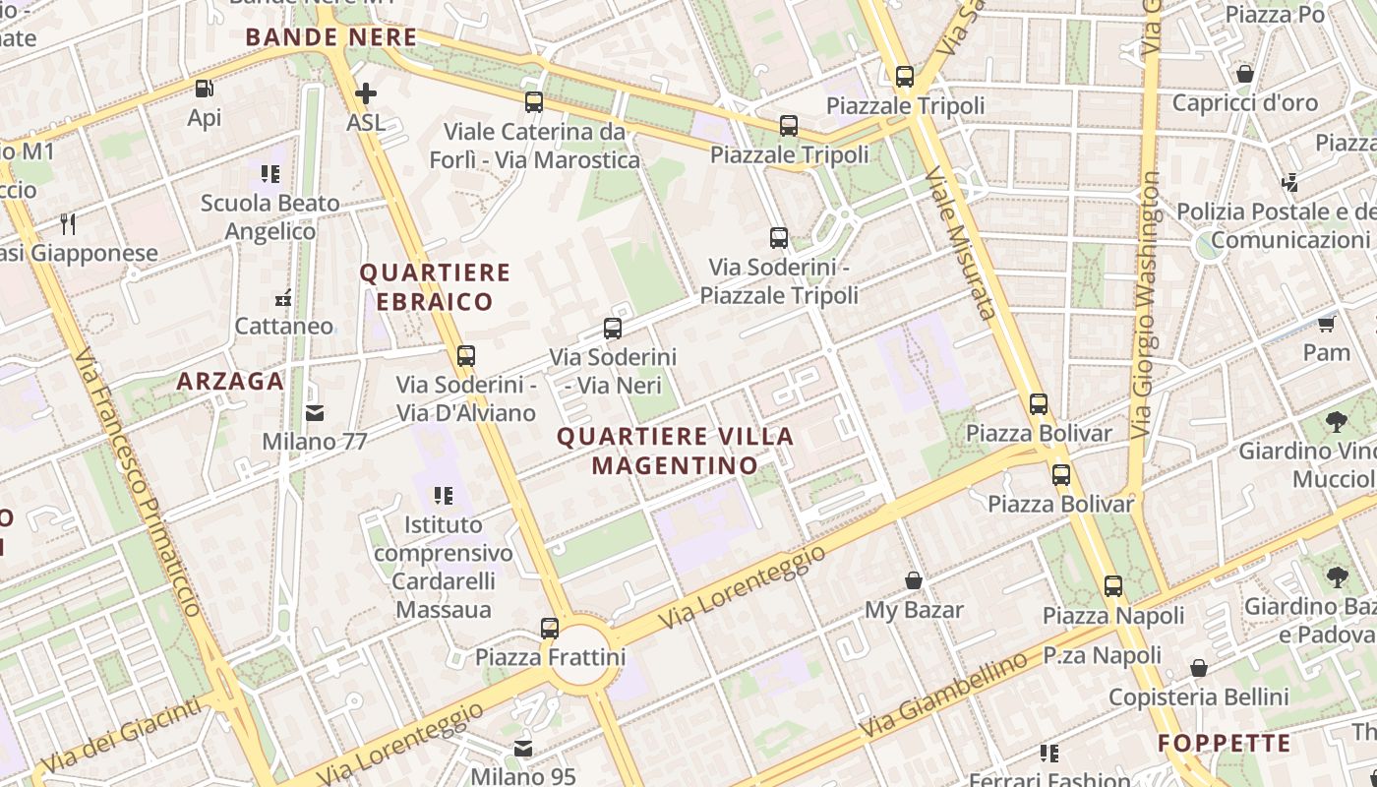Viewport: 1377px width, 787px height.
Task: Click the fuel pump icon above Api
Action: point(205,89)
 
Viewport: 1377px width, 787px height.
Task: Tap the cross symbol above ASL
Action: point(366,94)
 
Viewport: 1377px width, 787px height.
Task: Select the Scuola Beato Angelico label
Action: point(270,217)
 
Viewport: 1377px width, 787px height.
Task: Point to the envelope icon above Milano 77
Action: point(315,412)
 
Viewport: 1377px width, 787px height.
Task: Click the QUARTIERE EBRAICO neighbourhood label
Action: point(435,286)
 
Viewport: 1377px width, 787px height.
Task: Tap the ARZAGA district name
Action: point(230,382)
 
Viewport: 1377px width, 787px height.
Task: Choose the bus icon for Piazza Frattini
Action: point(550,628)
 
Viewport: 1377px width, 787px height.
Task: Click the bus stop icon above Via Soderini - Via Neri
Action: point(613,329)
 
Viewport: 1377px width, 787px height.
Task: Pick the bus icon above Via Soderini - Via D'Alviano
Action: point(466,356)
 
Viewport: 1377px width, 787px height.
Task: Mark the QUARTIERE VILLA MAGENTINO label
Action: point(676,451)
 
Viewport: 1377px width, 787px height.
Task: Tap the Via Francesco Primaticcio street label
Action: point(137,481)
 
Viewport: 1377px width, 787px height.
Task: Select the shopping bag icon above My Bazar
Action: point(914,580)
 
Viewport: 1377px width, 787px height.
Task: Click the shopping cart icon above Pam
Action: point(1327,323)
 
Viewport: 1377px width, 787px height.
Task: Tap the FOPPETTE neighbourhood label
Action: point(1224,743)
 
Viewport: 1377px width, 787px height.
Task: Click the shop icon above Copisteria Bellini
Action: point(1199,669)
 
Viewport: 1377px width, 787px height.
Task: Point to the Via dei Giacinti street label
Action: point(122,734)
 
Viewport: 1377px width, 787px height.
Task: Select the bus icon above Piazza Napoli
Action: point(1113,586)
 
